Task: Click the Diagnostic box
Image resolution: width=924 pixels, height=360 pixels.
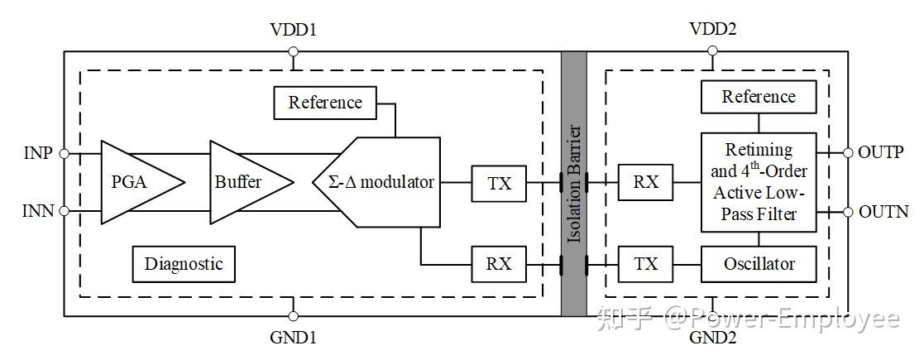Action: (x=184, y=264)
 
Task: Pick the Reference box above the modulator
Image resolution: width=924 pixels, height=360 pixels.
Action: (x=325, y=102)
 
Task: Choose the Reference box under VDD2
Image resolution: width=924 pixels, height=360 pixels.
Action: (x=759, y=97)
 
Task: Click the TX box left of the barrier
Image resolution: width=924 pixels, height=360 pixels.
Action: (x=499, y=183)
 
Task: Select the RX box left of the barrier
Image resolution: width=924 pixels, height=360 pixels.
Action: (x=499, y=263)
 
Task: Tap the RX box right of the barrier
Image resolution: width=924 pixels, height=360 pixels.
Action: (x=646, y=183)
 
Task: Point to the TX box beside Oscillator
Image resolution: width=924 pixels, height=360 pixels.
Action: (x=646, y=263)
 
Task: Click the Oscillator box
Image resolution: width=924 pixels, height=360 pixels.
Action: (x=759, y=264)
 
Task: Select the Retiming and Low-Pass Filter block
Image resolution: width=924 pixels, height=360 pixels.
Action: (x=759, y=182)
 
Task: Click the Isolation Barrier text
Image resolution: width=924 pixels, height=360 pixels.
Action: (x=574, y=184)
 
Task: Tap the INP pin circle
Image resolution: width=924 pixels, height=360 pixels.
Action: (x=64, y=154)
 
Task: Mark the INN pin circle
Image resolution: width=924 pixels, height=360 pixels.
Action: (x=64, y=210)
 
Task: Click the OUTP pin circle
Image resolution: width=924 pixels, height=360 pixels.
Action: (x=848, y=153)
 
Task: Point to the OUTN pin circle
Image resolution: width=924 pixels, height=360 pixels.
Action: (x=848, y=212)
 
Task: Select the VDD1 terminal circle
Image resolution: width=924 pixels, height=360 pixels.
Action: (x=293, y=52)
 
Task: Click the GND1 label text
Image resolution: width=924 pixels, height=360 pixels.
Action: (x=294, y=338)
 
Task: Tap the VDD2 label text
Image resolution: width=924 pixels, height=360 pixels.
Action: (x=712, y=29)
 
